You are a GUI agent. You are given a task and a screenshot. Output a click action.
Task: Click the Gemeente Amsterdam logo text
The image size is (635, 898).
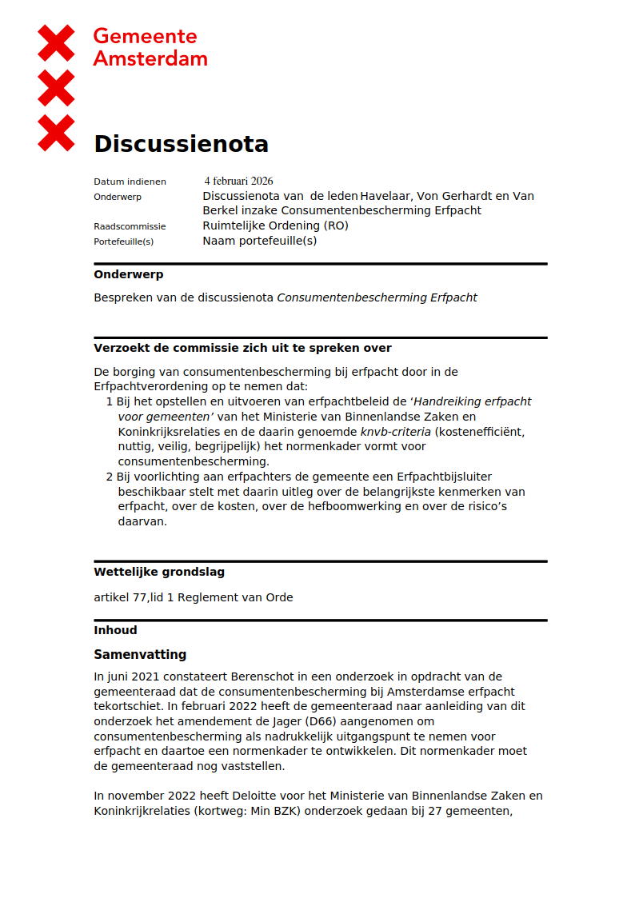(x=150, y=47)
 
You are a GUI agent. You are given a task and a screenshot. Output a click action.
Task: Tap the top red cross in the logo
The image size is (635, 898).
(x=56, y=42)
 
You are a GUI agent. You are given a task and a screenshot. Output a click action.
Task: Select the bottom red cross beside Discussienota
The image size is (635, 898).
(x=56, y=133)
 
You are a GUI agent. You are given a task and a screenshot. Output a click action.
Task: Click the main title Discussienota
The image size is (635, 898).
(x=181, y=144)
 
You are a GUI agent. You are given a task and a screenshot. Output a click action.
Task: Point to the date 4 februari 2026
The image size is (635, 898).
(x=238, y=181)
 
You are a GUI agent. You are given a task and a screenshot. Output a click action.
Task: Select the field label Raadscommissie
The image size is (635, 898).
(x=130, y=226)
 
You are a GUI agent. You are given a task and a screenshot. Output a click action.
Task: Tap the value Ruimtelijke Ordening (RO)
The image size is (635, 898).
(x=275, y=225)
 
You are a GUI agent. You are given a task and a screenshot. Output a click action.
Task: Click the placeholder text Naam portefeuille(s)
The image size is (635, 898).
(x=259, y=241)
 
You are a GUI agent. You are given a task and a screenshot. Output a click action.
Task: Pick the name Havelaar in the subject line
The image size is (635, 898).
(x=385, y=196)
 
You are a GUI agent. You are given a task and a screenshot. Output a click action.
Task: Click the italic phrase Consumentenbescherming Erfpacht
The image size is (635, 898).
(x=377, y=297)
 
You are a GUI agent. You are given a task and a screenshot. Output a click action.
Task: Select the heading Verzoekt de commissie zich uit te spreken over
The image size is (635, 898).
(x=242, y=348)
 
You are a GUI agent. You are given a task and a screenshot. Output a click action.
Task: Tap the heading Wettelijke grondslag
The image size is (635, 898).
(x=159, y=572)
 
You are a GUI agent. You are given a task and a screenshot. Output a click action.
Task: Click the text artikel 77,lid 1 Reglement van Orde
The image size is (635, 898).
(x=193, y=597)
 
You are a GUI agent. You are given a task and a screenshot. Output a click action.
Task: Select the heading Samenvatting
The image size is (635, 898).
(x=140, y=654)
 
